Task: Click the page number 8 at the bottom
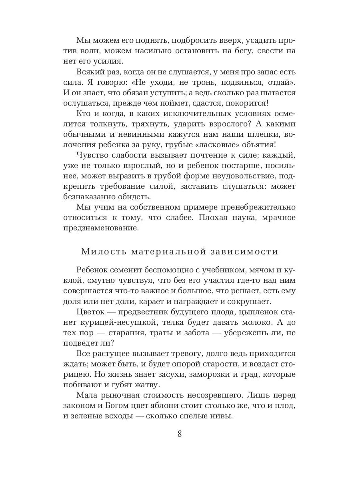point(180,434)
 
